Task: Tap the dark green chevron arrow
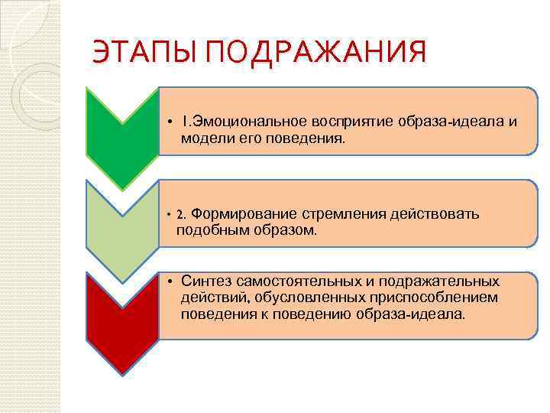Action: click(x=121, y=134)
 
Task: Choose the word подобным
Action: click(x=209, y=229)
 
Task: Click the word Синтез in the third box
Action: click(x=206, y=281)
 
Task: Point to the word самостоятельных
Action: click(x=299, y=281)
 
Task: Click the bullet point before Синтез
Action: click(x=171, y=281)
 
